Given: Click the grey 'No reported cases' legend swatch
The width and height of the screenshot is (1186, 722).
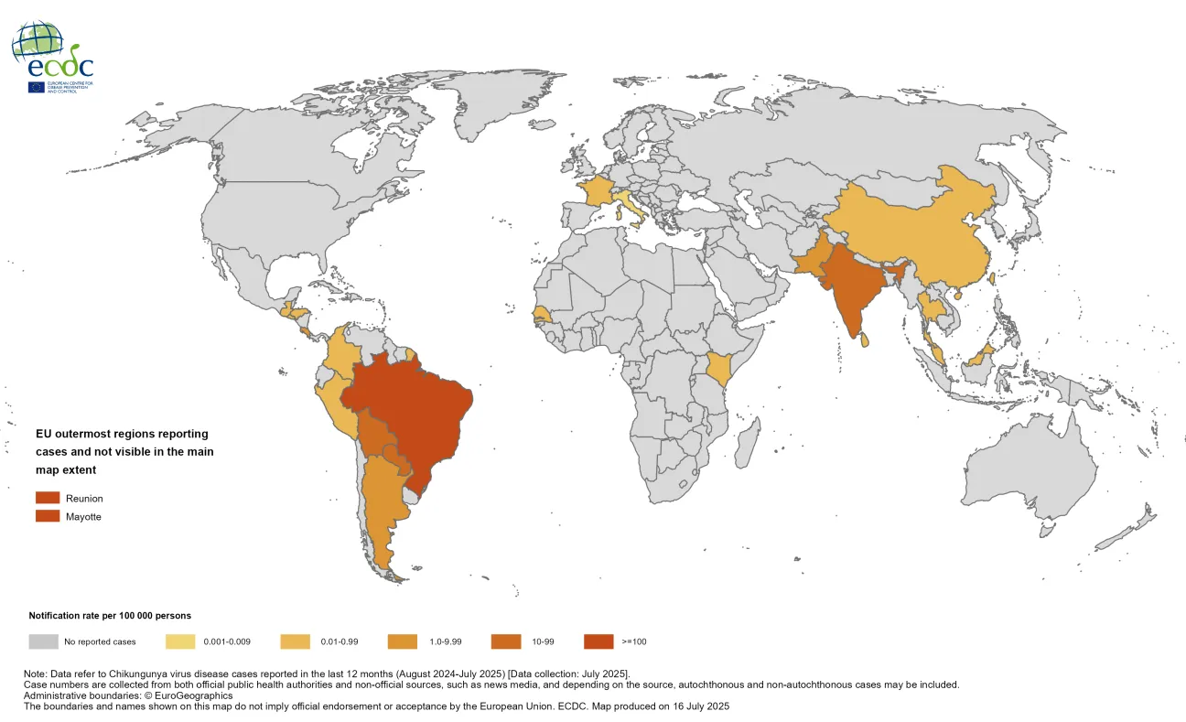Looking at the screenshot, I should [x=44, y=641].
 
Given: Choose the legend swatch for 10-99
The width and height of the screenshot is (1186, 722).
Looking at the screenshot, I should [x=507, y=641].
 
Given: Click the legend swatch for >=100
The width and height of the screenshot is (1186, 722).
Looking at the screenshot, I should [x=599, y=641].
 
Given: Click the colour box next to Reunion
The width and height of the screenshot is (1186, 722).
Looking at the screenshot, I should [x=48, y=498].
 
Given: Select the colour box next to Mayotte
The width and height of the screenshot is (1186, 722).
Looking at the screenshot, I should [x=48, y=516].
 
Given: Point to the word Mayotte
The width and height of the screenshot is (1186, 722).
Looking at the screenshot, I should [x=83, y=517].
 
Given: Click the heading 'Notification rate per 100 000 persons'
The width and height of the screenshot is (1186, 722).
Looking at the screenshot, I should [x=110, y=616].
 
